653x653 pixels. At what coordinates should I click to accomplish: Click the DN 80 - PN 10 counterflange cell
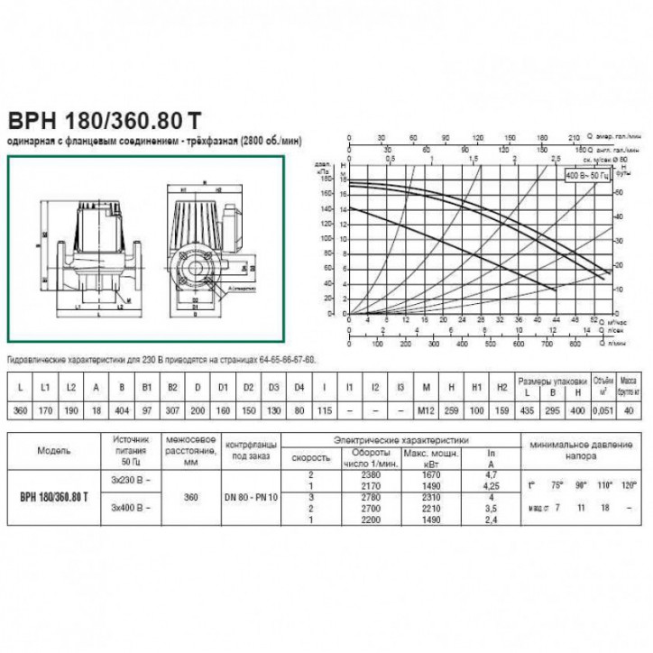[250, 497]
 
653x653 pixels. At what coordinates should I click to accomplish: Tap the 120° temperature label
[622, 485]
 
